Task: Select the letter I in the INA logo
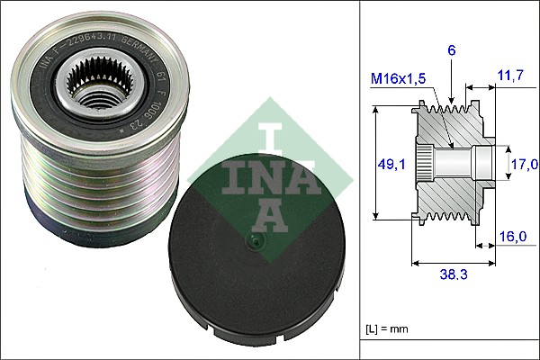pos(269,136)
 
